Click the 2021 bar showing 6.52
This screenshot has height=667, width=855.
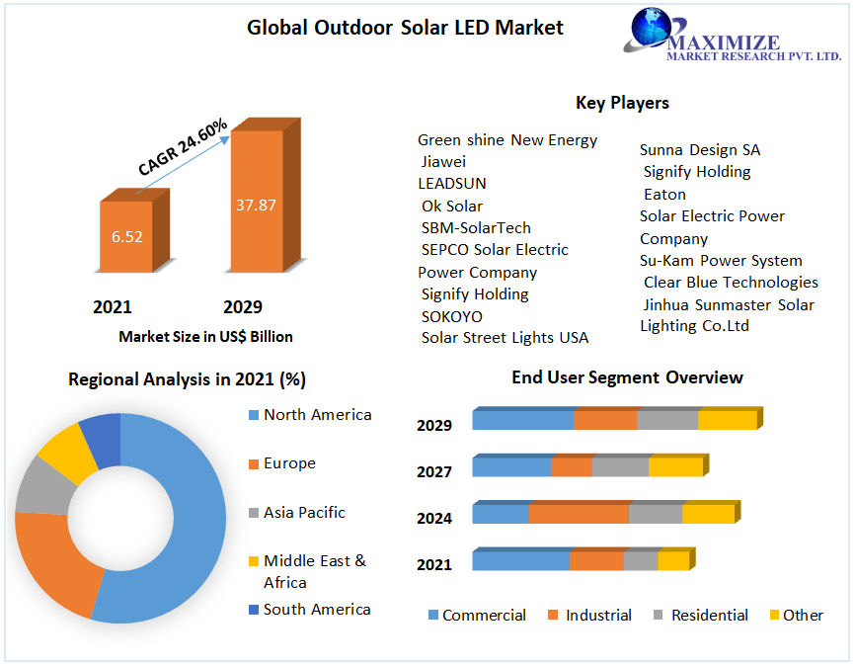[x=126, y=237]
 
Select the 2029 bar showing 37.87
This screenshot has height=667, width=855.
[x=256, y=205]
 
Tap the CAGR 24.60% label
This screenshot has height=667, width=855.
[x=183, y=147]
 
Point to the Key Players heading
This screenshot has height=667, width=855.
[x=622, y=103]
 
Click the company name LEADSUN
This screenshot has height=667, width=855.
[x=452, y=184]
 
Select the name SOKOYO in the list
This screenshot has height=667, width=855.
[x=452, y=316]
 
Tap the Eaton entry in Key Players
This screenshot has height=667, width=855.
[x=664, y=194]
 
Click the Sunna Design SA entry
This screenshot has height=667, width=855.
[x=700, y=150]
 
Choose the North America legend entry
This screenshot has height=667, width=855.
[x=317, y=415]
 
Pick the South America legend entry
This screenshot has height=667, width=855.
[x=317, y=610]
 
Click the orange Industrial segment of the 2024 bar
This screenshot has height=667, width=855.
[x=579, y=514]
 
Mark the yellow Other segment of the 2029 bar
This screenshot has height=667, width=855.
[x=727, y=420]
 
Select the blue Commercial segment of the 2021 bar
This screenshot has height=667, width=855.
[x=520, y=561]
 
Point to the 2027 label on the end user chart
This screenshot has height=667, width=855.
[x=434, y=472]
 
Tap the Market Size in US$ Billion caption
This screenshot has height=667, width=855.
[x=205, y=337]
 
